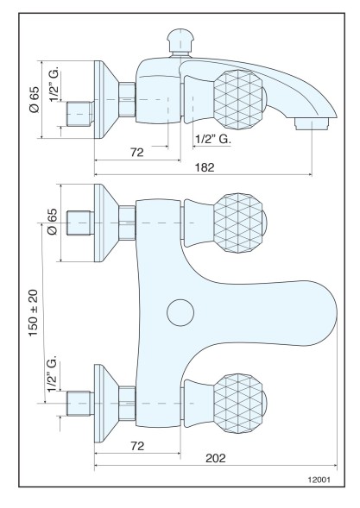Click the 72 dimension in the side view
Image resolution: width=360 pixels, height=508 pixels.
[x=136, y=152]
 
